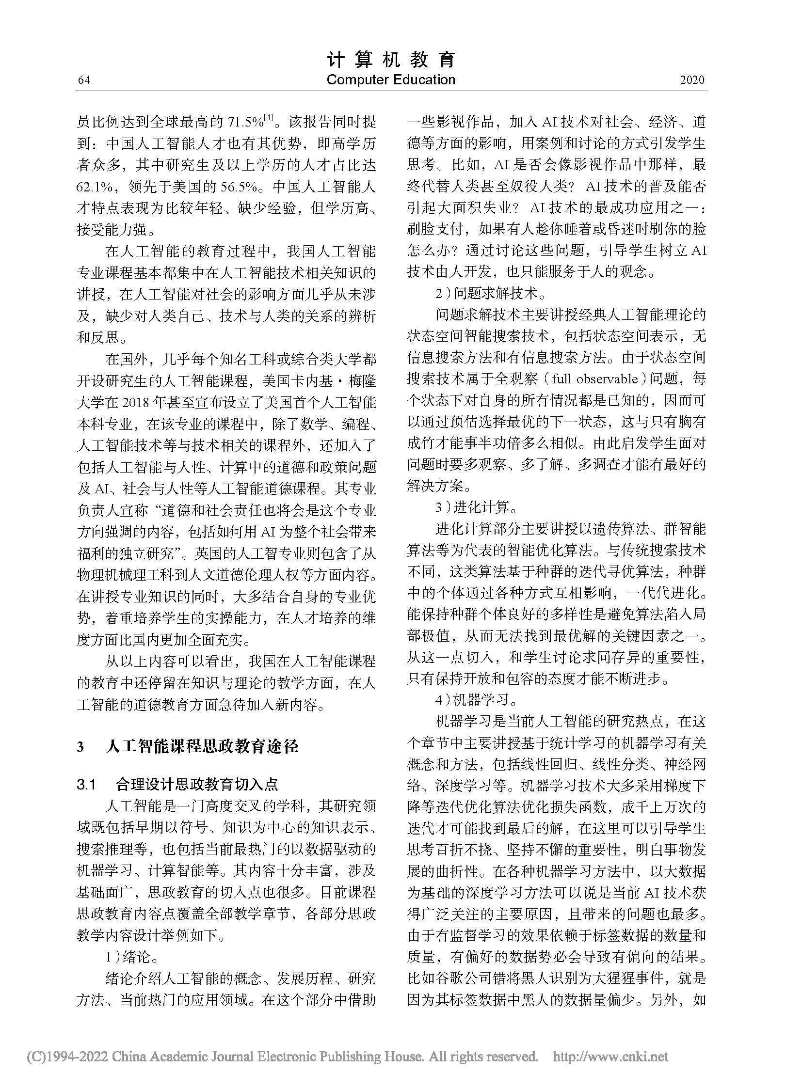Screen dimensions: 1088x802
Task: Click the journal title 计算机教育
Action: pos(391,60)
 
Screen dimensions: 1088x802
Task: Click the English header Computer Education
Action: pos(391,80)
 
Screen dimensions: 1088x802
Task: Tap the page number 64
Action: pos(84,80)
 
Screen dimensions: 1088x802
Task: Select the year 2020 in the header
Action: pos(692,80)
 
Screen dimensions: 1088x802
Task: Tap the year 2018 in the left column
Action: pos(130,403)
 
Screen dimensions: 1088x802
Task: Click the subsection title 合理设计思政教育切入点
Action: pos(196,785)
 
